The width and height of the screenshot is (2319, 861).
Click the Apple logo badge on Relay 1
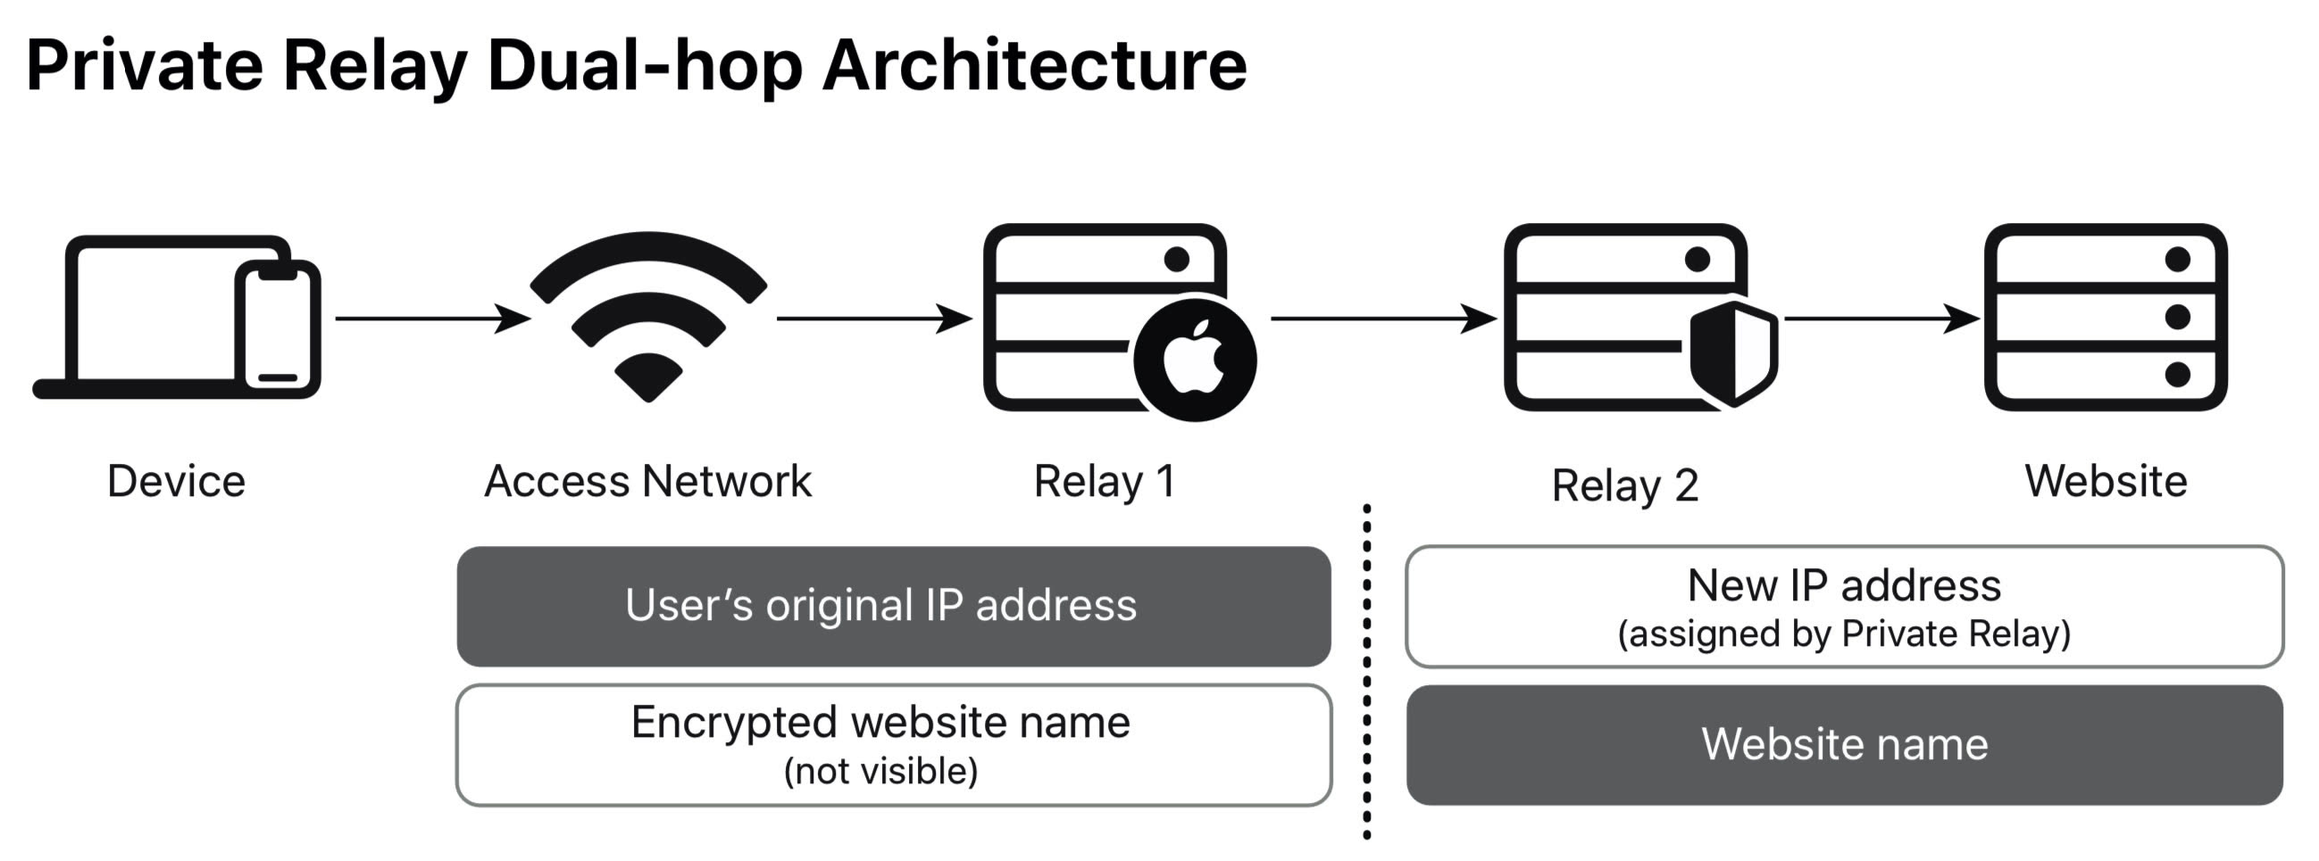pyautogui.click(x=1195, y=360)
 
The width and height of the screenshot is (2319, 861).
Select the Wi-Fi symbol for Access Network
pyautogui.click(x=648, y=316)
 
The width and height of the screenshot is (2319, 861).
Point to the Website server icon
pyautogui.click(x=2106, y=318)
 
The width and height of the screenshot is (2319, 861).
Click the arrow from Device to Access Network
pyautogui.click(x=433, y=319)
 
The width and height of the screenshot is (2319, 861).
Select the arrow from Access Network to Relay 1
pyautogui.click(x=874, y=319)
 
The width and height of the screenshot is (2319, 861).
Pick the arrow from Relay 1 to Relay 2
pyautogui.click(x=1384, y=319)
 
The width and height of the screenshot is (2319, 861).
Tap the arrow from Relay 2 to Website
pyautogui.click(x=1882, y=319)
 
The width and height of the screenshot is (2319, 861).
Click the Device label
pyautogui.click(x=177, y=481)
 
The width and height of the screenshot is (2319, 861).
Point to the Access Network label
pyautogui.click(x=648, y=481)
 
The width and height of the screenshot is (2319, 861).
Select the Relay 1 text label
pyautogui.click(x=1105, y=481)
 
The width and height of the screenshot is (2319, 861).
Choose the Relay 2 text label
pyautogui.click(x=1625, y=486)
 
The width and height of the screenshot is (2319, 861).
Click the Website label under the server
pyautogui.click(x=2106, y=481)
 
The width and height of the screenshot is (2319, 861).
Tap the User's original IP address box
pyautogui.click(x=894, y=607)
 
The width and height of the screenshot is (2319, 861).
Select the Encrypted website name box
pyautogui.click(x=894, y=745)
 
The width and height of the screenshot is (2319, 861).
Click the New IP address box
pyautogui.click(x=1845, y=607)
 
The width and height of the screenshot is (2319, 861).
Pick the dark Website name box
pyautogui.click(x=1845, y=745)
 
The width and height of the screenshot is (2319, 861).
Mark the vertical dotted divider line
pyautogui.click(x=1366, y=672)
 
